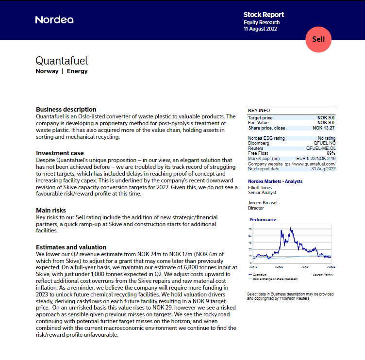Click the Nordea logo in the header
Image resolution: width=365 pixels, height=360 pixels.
pyautogui.click(x=54, y=20)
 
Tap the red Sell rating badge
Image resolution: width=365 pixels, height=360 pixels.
pyautogui.click(x=318, y=39)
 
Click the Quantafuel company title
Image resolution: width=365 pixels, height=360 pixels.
pyautogui.click(x=62, y=61)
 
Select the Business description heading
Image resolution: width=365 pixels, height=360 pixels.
pyautogui.click(x=66, y=109)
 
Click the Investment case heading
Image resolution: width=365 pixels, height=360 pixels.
pyautogui.click(x=60, y=153)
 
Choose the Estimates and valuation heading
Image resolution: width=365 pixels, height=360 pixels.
pyautogui.click(x=71, y=247)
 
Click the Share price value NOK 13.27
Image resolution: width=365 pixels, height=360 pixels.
pyautogui.click(x=324, y=128)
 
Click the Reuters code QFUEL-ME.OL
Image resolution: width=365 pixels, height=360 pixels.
pyautogui.click(x=320, y=149)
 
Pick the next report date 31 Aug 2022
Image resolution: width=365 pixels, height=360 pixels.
pyautogui.click(x=323, y=169)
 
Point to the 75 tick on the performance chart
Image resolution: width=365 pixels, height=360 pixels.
pyautogui.click(x=249, y=228)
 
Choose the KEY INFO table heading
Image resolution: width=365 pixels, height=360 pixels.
pyautogui.click(x=259, y=111)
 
